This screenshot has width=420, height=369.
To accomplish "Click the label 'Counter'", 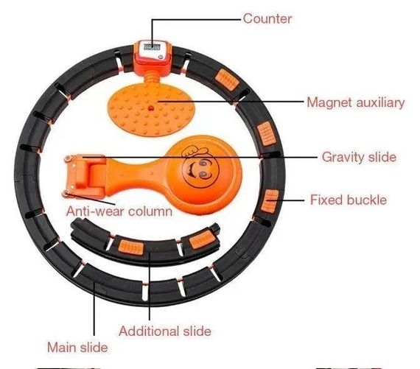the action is tap(267, 18).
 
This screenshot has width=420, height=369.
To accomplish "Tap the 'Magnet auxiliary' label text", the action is tap(356, 102).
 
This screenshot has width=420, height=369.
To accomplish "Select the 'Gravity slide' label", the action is tap(359, 157).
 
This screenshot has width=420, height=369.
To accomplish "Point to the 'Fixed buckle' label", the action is tap(349, 200).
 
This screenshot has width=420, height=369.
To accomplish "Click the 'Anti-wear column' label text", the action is tap(119, 211).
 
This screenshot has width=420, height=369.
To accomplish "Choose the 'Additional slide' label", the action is tap(165, 331).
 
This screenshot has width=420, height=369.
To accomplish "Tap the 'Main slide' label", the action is tap(77, 348).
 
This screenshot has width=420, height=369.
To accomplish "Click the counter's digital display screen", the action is tap(152, 47).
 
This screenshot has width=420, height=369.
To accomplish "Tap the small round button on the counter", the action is tap(161, 57).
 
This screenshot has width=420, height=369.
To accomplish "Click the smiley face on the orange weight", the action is tap(200, 169).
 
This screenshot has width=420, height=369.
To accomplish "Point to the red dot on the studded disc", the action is tap(151, 108).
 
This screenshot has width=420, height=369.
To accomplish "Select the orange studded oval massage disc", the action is tap(151, 109).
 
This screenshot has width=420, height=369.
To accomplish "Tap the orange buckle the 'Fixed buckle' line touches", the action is tap(270, 201).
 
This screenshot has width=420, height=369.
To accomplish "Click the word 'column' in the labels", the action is tap(150, 211).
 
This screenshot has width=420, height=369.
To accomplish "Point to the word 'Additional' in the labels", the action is tap(149, 331).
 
